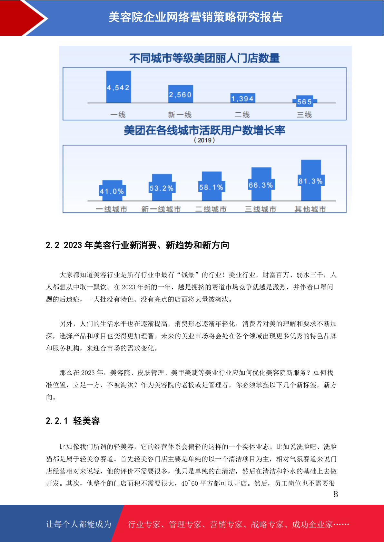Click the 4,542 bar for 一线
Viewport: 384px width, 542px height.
tap(119, 87)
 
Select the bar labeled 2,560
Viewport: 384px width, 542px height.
tap(181, 94)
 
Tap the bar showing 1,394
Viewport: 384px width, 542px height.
tap(243, 98)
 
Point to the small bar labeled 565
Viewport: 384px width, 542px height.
tap(305, 101)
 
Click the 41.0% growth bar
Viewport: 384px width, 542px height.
tap(112, 191)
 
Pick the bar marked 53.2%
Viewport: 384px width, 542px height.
tap(162, 187)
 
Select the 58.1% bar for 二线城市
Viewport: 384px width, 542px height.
tap(212, 186)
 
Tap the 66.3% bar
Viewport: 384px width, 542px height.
tap(261, 184)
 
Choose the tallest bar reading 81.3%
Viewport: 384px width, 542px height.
tap(311, 180)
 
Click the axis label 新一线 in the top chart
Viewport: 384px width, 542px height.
tap(180, 115)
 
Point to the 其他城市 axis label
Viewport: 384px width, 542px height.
tap(310, 209)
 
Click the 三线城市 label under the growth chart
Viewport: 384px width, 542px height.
tap(261, 209)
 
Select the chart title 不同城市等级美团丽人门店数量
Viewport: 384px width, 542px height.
tap(204, 58)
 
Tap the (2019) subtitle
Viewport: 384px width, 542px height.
tap(204, 140)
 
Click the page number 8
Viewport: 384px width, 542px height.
tap(336, 494)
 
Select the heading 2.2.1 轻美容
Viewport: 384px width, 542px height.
tap(73, 421)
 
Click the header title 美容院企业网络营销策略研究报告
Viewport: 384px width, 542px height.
tap(196, 17)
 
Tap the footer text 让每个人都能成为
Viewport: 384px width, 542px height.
tap(79, 524)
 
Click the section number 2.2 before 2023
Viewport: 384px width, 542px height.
tap(52, 245)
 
